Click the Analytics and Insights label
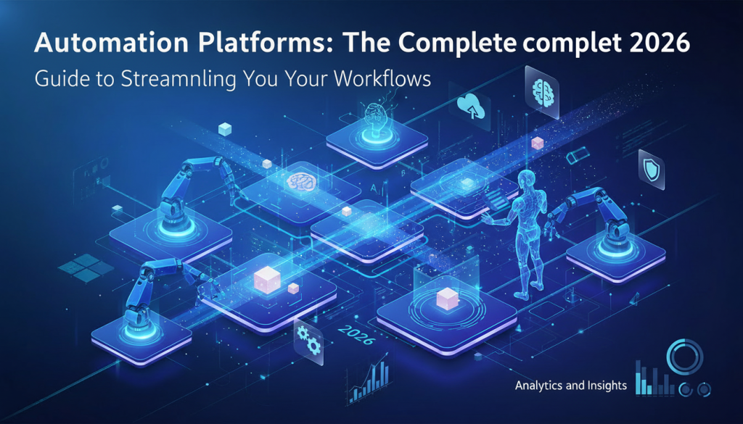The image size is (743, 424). point(570,386)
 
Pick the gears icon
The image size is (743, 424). point(310,338)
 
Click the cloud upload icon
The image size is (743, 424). point(472,107)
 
